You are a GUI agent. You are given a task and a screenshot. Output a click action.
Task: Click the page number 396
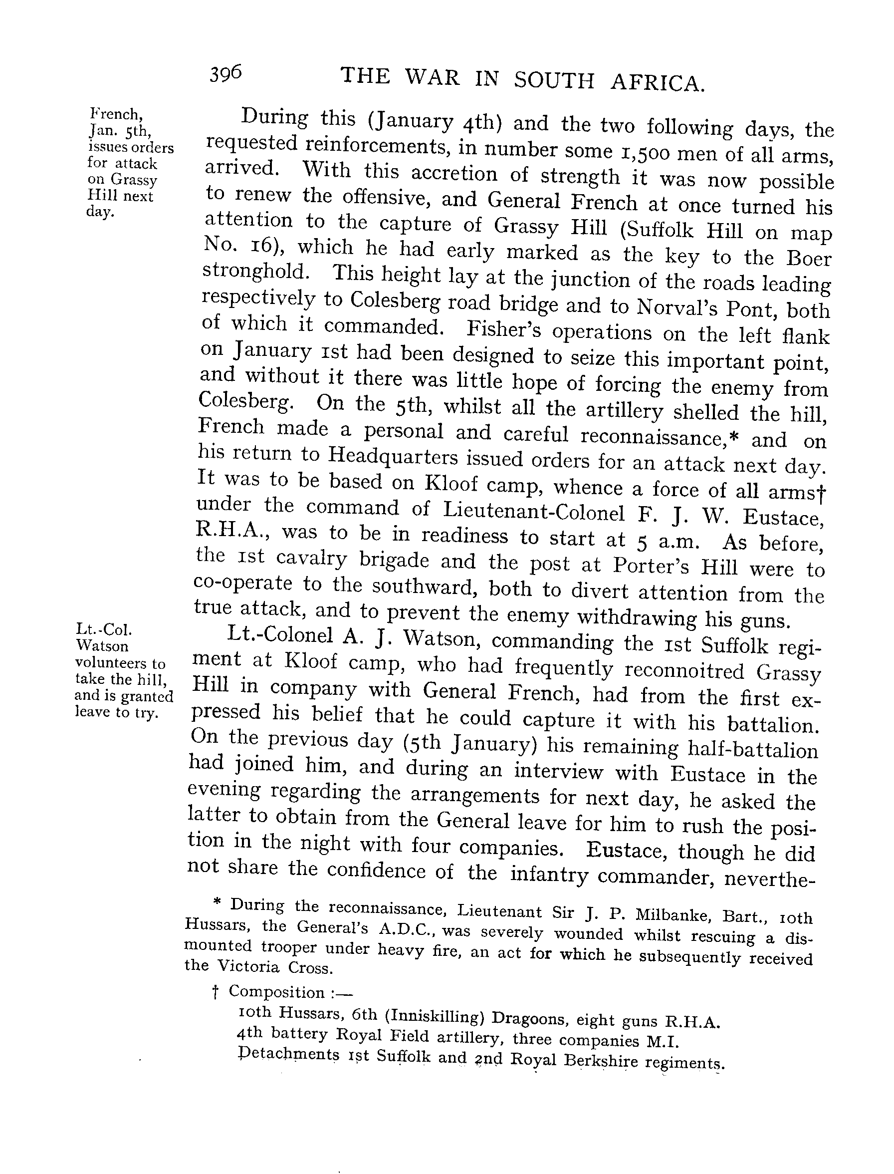pos(225,73)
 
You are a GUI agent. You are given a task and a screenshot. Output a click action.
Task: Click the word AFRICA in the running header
pos(658,82)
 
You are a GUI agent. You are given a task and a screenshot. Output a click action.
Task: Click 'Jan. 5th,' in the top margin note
pos(120,130)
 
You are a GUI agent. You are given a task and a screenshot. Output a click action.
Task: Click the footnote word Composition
pos(277,992)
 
